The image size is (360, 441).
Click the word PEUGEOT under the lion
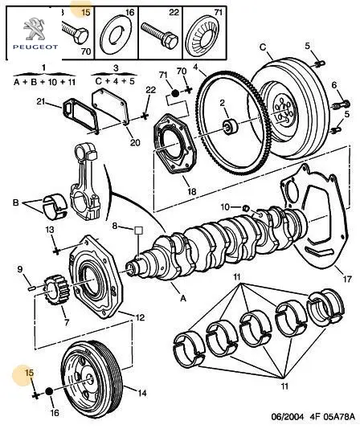coord(35,47)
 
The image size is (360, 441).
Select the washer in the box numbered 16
coord(116,35)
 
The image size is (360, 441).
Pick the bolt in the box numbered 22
coord(159,35)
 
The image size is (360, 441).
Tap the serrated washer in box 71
coord(204,35)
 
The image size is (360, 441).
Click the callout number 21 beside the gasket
coord(41,101)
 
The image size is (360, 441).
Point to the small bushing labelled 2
coord(231,127)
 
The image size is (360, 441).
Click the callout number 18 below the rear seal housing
coord(192,191)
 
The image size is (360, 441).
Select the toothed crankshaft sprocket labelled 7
coord(55,292)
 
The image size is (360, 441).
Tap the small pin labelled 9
coord(31,288)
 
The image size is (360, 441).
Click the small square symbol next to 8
coord(138,231)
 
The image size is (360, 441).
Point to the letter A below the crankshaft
coord(183,298)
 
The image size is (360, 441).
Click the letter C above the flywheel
coord(263,47)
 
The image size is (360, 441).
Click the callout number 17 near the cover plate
coord(347,279)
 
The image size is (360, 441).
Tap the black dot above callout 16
coord(49,391)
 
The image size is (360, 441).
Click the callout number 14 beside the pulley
coord(142,393)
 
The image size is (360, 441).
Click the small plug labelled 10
coord(246,208)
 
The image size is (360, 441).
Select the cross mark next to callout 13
coord(56,251)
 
